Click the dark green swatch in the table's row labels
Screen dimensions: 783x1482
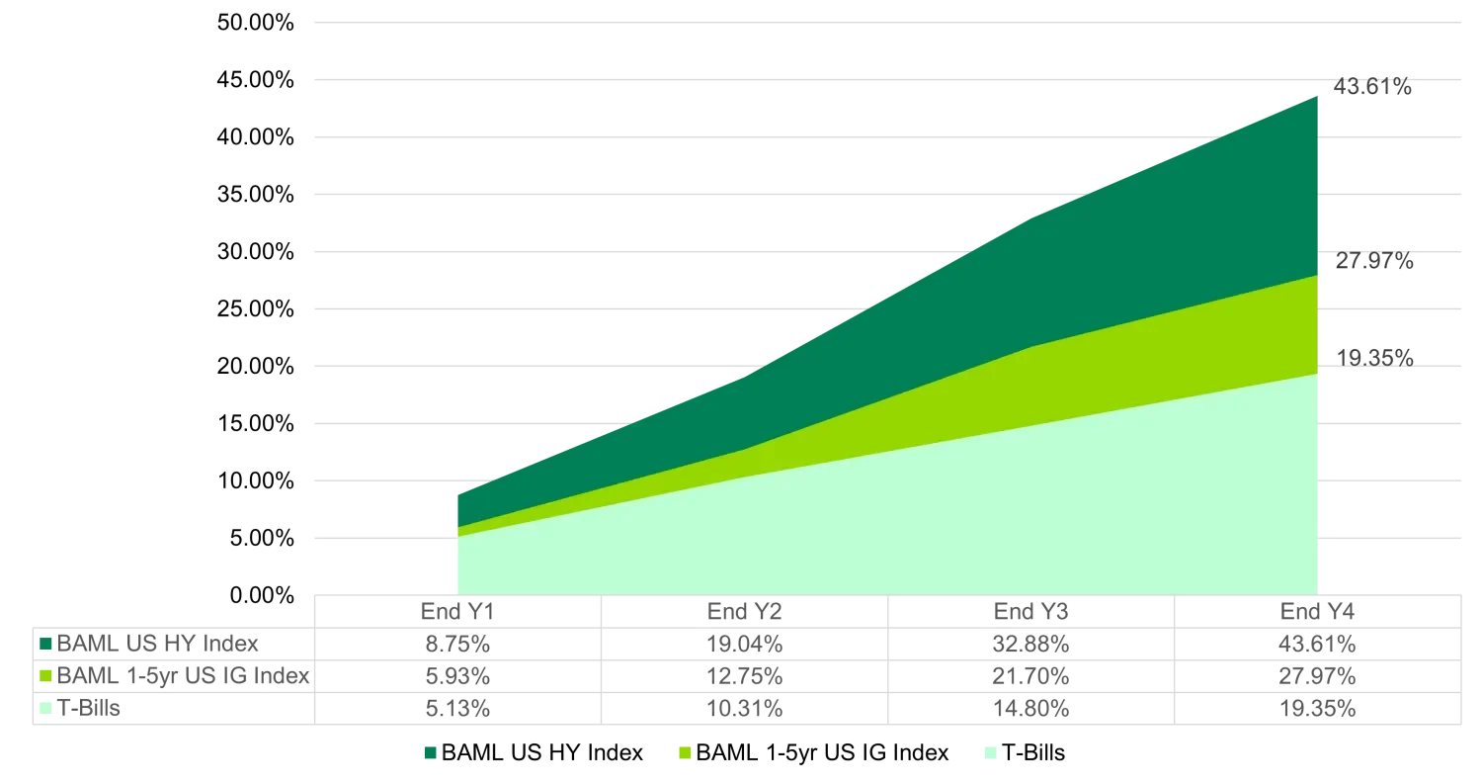coord(46,645)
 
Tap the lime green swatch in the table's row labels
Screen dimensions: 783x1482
coord(46,676)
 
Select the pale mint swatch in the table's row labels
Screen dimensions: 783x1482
coord(46,708)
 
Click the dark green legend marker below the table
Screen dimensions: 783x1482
coord(430,751)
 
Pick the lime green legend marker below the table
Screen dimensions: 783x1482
coord(683,751)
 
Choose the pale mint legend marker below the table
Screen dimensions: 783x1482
coord(991,751)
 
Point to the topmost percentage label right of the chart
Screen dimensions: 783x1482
coord(1373,84)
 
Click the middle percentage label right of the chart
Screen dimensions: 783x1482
coord(1373,262)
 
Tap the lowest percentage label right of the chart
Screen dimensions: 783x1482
coord(1373,359)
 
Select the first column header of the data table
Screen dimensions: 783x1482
coord(453,613)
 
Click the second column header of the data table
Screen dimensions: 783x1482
coord(742,613)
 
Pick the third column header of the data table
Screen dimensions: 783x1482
coord(1030,613)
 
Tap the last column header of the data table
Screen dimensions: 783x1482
coord(1318,613)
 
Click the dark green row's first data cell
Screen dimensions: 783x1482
coord(453,645)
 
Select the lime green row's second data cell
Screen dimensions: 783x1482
coord(742,676)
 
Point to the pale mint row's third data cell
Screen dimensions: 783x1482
coord(1030,708)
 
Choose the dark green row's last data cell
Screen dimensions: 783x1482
coord(1318,645)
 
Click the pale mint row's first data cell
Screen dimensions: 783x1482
coord(453,708)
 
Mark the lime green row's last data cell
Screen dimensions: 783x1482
coord(1318,676)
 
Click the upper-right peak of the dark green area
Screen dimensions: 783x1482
coord(1316,98)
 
